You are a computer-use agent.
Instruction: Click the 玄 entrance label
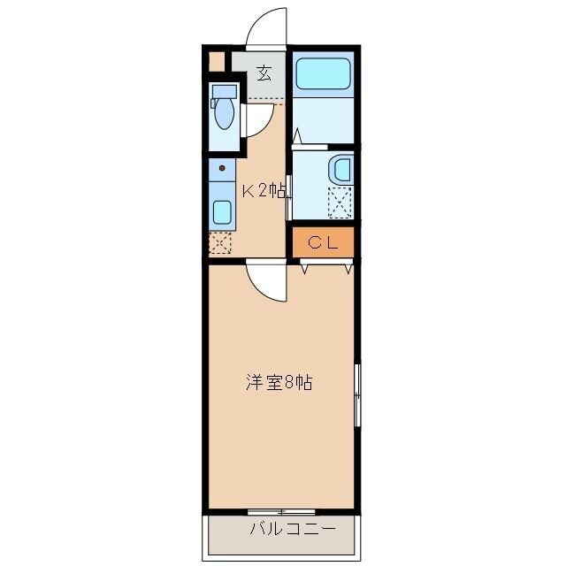click(x=264, y=73)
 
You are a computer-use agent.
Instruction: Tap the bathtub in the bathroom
click(x=323, y=73)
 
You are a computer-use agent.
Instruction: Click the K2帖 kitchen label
click(x=263, y=189)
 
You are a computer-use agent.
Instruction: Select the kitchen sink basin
click(x=222, y=212)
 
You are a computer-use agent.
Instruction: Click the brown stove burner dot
click(x=222, y=167)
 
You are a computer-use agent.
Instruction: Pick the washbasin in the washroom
click(x=340, y=170)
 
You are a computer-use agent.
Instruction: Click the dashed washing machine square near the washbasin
click(x=340, y=203)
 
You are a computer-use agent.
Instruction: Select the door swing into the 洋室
click(x=266, y=283)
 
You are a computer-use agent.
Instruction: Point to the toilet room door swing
click(x=256, y=119)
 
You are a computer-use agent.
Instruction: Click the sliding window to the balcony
click(x=281, y=512)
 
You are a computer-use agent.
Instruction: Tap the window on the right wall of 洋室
click(x=357, y=394)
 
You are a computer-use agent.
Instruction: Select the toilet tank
click(x=225, y=90)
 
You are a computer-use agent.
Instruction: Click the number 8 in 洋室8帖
click(x=289, y=383)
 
